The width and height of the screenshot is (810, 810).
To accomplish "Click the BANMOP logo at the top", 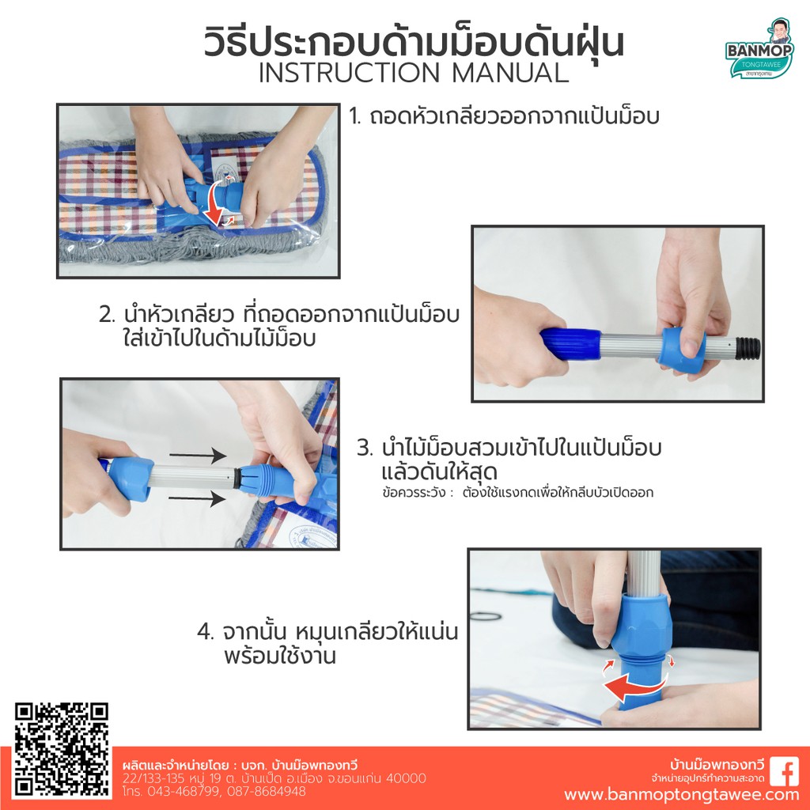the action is tap(759, 49).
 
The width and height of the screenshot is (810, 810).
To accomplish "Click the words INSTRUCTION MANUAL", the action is tap(414, 73).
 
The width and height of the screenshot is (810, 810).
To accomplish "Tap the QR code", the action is tap(62, 750).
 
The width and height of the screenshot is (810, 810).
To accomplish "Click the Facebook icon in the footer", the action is tap(784, 772).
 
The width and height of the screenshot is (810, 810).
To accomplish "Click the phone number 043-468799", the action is tap(184, 791).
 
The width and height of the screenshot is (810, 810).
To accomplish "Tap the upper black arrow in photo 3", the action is tap(198, 455).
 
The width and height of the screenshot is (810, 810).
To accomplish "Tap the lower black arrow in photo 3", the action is tap(197, 498).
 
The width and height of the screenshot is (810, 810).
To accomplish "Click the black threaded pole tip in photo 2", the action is tap(748, 348).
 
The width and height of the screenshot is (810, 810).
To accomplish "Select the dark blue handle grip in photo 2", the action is tap(571, 343).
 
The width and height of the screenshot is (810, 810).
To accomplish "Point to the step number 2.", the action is tap(107, 315).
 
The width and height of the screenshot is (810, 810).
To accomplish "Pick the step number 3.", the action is tap(365, 448).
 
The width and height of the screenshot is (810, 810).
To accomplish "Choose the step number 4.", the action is tap(205, 631).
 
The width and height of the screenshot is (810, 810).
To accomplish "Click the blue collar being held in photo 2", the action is tap(683, 350).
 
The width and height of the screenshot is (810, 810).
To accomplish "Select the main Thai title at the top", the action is tap(414, 43).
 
